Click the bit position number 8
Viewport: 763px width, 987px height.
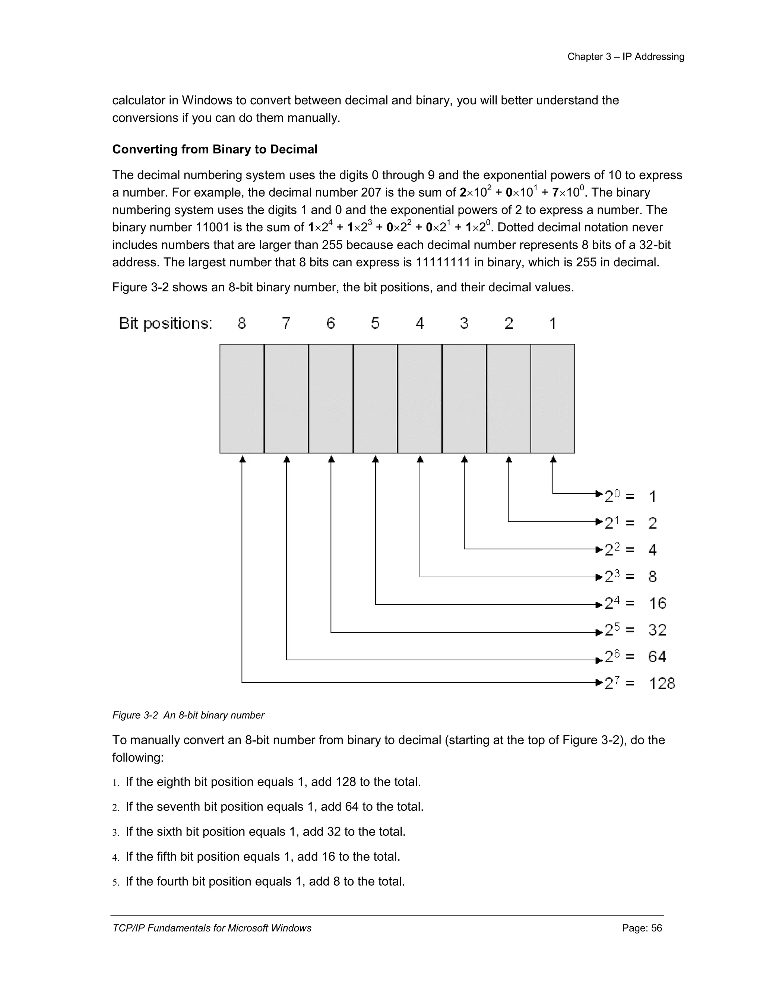coord(242,323)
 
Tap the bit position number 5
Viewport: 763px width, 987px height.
coord(375,323)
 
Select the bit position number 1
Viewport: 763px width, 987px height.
coord(553,323)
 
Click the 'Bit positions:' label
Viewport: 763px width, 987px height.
coord(165,324)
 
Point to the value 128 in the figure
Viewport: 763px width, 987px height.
coord(662,683)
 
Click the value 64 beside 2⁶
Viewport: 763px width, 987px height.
coord(657,657)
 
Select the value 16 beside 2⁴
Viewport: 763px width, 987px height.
coord(657,603)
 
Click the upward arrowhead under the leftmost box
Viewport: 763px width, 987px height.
coord(242,459)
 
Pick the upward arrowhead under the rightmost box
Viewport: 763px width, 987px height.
coord(553,459)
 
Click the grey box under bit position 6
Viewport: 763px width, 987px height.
coord(331,399)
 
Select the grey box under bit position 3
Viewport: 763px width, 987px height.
coord(464,399)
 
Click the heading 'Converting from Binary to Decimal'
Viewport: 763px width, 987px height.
coord(215,150)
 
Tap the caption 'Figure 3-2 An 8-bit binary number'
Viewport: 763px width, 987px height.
coord(188,715)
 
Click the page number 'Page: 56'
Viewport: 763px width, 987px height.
coord(642,928)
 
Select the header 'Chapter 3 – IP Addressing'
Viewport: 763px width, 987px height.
coord(626,57)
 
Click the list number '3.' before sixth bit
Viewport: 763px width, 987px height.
coord(116,832)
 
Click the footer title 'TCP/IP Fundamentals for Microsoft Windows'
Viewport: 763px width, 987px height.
coord(212,928)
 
